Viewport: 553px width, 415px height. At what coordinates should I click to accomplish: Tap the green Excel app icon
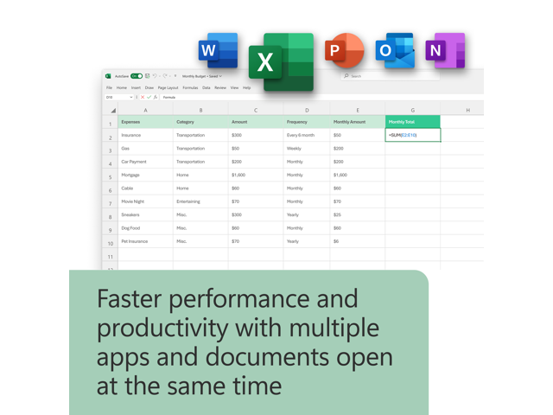[x=280, y=61]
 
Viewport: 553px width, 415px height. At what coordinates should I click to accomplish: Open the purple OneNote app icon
[x=445, y=51]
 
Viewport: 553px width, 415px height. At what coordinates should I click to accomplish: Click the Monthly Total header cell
[x=412, y=122]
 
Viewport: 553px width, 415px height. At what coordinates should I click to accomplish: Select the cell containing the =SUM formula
[x=412, y=135]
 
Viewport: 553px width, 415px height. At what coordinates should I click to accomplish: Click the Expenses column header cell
[x=145, y=122]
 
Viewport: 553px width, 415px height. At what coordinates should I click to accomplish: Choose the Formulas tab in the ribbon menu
[x=189, y=87]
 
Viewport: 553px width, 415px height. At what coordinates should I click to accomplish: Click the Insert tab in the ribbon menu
[x=136, y=87]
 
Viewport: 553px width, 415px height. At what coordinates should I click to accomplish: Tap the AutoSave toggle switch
[x=136, y=76]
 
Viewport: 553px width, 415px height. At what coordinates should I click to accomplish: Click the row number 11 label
[x=110, y=257]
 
